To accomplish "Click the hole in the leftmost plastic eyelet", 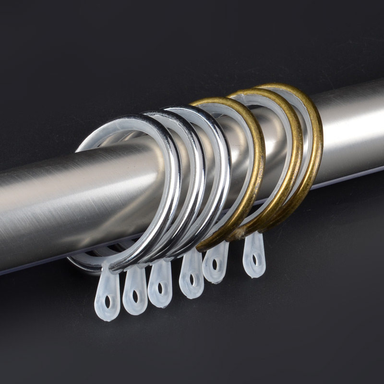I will click(x=108, y=302).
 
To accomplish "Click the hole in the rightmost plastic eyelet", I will click(x=255, y=260).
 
